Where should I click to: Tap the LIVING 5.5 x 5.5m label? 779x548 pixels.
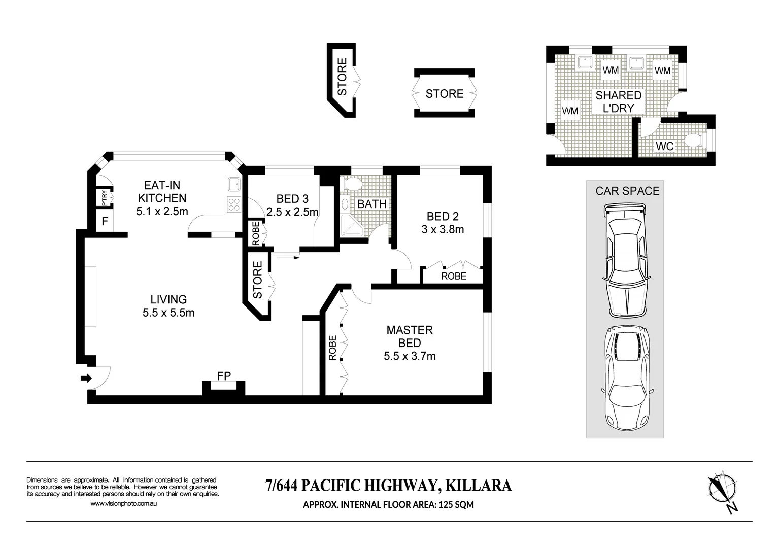pyautogui.click(x=168, y=306)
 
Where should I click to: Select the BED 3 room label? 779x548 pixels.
pyautogui.click(x=292, y=199)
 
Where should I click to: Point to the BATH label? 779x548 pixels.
pyautogui.click(x=372, y=204)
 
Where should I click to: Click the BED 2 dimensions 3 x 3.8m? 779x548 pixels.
pyautogui.click(x=443, y=229)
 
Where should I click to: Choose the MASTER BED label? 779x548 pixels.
pyautogui.click(x=410, y=336)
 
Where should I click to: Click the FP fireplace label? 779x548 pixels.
pyautogui.click(x=224, y=376)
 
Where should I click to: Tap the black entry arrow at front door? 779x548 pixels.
pyautogui.click(x=86, y=378)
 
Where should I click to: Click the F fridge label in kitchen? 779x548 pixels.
pyautogui.click(x=105, y=221)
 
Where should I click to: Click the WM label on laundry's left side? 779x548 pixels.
pyautogui.click(x=570, y=111)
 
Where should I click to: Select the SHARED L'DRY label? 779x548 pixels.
pyautogui.click(x=618, y=101)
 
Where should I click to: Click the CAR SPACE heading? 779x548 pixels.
pyautogui.click(x=627, y=191)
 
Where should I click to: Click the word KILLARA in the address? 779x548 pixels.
pyautogui.click(x=479, y=486)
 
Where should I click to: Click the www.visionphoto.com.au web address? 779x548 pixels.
pyautogui.click(x=123, y=503)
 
